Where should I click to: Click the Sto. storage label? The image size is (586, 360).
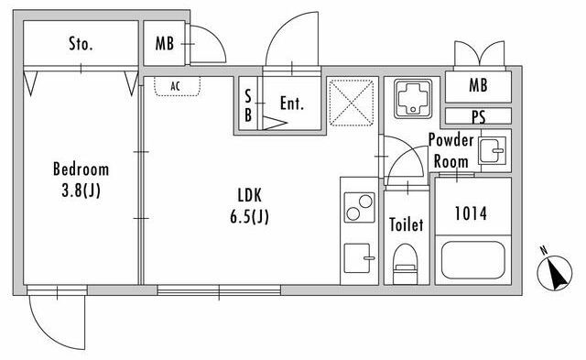(81, 44)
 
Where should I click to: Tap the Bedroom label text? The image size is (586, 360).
(81, 169)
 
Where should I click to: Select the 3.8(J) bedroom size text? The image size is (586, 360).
(81, 191)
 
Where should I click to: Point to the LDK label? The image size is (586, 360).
(250, 195)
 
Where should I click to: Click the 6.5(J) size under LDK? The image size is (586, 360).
(249, 216)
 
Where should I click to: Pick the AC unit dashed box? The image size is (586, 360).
(177, 86)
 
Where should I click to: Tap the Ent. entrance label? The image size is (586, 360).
(292, 104)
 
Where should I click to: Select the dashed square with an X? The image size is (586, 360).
(352, 103)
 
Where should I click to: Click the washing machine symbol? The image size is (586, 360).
(413, 99)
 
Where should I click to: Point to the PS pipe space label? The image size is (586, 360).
(478, 117)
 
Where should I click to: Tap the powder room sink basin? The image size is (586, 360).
(493, 150)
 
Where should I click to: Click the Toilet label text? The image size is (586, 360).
(407, 224)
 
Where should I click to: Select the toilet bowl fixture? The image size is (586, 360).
(405, 264)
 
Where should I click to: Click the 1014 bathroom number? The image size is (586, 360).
(471, 213)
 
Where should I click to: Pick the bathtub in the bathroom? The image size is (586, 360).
(473, 260)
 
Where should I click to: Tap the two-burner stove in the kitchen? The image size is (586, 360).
(359, 207)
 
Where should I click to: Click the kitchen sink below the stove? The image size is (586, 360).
(359, 258)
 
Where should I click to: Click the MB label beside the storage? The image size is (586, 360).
(165, 43)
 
